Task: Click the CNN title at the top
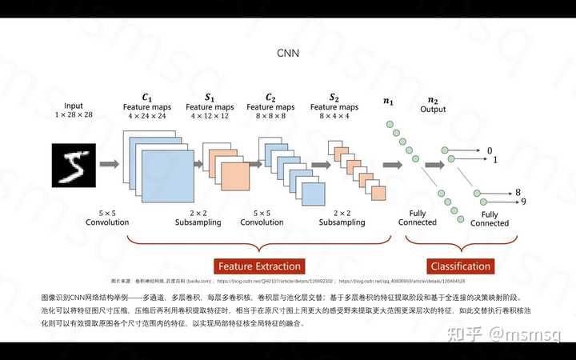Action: (287, 53)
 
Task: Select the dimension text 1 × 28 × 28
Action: (74, 115)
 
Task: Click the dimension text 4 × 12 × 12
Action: (210, 116)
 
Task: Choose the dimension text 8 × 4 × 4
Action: (334, 116)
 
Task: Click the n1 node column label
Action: (389, 102)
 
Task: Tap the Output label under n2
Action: (433, 110)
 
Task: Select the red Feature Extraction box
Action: (259, 266)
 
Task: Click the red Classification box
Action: (460, 266)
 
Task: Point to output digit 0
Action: (490, 150)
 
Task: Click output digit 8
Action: (518, 193)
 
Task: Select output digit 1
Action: (495, 160)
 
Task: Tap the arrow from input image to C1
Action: (110, 164)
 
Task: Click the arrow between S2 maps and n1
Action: (392, 165)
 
